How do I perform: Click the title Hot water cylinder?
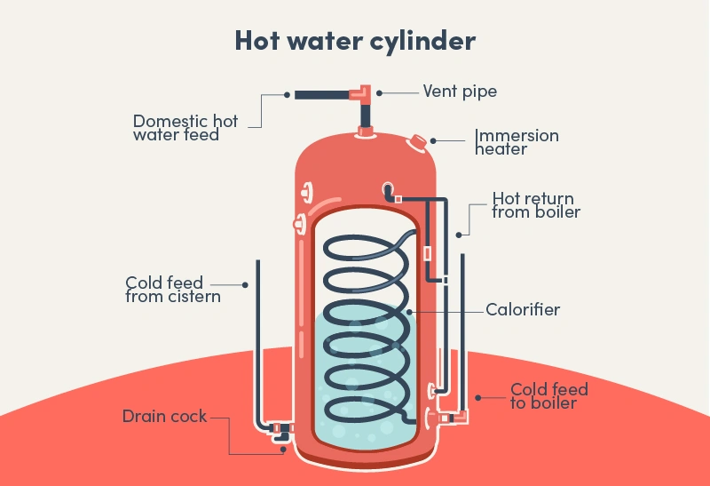355,41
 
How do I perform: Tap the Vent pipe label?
460,92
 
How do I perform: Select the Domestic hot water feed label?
185,128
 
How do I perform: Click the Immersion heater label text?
517,142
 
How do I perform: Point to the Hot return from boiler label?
536,205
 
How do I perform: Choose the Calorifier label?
523,310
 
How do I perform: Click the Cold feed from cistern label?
172,290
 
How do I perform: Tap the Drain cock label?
164,416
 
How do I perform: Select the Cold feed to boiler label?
548,396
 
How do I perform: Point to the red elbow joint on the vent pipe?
364,92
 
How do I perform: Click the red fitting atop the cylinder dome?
364,132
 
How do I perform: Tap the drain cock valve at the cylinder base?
282,433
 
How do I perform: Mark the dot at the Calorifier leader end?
409,311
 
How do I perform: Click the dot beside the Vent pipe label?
379,92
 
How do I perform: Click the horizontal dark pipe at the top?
323,93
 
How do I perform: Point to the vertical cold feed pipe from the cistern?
257,338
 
